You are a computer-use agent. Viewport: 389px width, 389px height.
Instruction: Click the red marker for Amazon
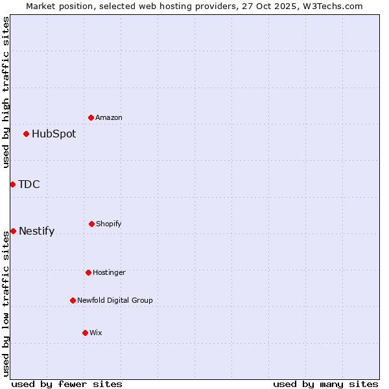91,117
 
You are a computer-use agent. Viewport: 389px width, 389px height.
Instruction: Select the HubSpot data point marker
26,134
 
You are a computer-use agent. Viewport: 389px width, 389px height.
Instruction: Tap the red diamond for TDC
12,184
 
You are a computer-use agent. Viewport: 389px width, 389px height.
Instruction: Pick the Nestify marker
13,231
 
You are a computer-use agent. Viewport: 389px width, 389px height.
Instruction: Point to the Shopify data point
91,224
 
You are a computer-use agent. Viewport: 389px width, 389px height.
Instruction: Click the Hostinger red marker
88,272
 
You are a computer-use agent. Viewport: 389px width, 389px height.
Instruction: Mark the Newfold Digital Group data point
73,300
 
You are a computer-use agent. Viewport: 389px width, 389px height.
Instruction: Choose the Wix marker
85,333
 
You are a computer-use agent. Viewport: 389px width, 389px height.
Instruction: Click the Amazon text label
109,117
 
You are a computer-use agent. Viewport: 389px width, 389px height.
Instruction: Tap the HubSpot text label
54,134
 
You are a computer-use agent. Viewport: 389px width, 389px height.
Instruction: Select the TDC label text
29,185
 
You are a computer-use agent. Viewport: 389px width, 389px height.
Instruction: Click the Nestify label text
37,231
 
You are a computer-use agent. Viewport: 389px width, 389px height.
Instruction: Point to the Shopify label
109,224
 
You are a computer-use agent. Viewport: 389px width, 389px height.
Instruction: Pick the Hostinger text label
109,272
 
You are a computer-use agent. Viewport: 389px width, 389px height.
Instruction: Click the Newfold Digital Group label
115,300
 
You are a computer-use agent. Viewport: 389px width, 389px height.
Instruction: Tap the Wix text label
96,333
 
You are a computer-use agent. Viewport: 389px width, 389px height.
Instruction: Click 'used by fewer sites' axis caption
67,384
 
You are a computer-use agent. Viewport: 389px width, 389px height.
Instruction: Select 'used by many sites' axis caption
325,384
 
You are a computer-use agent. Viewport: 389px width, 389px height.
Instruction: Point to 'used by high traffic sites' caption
6,92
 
